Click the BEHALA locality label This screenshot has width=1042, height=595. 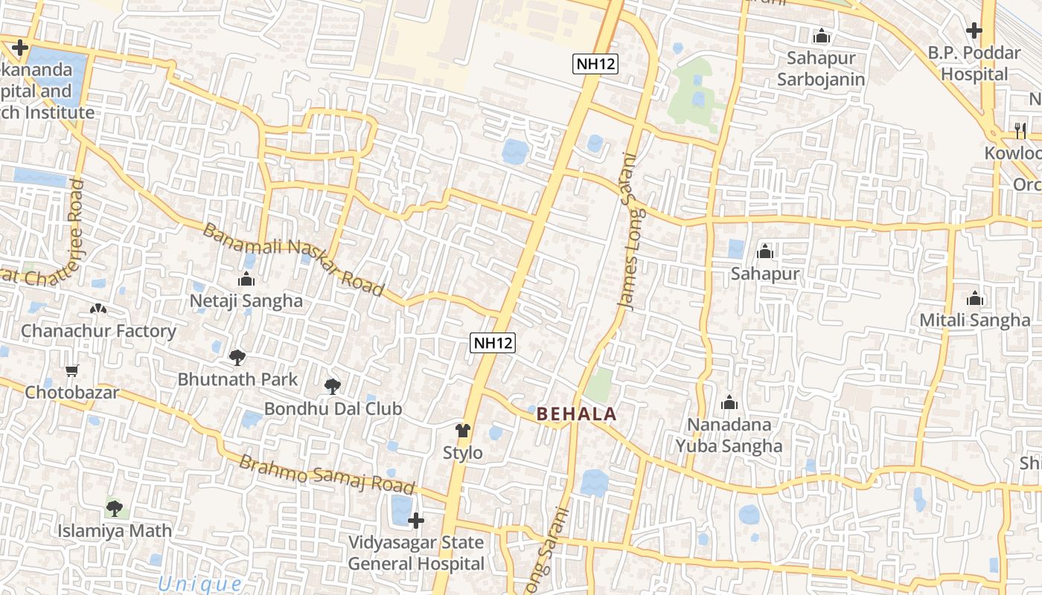(x=576, y=414)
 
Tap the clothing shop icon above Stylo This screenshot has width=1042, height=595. (x=463, y=431)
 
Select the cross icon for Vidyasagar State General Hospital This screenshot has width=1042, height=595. (x=416, y=520)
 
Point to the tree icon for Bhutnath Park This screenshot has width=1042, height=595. (x=237, y=358)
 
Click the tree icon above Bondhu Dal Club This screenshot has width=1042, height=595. (x=333, y=387)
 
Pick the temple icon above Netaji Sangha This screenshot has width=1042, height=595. (x=246, y=280)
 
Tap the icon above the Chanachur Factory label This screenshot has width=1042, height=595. (x=98, y=309)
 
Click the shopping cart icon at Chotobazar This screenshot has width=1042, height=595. (x=72, y=370)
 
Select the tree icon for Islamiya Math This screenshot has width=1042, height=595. (x=115, y=509)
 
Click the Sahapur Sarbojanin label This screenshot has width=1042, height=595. (x=821, y=68)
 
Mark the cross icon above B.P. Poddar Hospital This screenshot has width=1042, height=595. (x=974, y=30)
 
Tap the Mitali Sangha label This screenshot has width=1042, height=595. (x=975, y=321)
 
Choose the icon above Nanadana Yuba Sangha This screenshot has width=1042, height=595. (x=729, y=403)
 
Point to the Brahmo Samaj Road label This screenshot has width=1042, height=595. (x=326, y=475)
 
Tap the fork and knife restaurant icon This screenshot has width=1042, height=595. (x=1019, y=131)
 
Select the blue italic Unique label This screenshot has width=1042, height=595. (x=200, y=585)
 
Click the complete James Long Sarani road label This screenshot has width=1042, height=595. (x=628, y=231)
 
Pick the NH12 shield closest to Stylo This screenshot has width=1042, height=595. (x=493, y=343)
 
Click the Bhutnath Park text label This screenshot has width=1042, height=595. (x=237, y=379)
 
